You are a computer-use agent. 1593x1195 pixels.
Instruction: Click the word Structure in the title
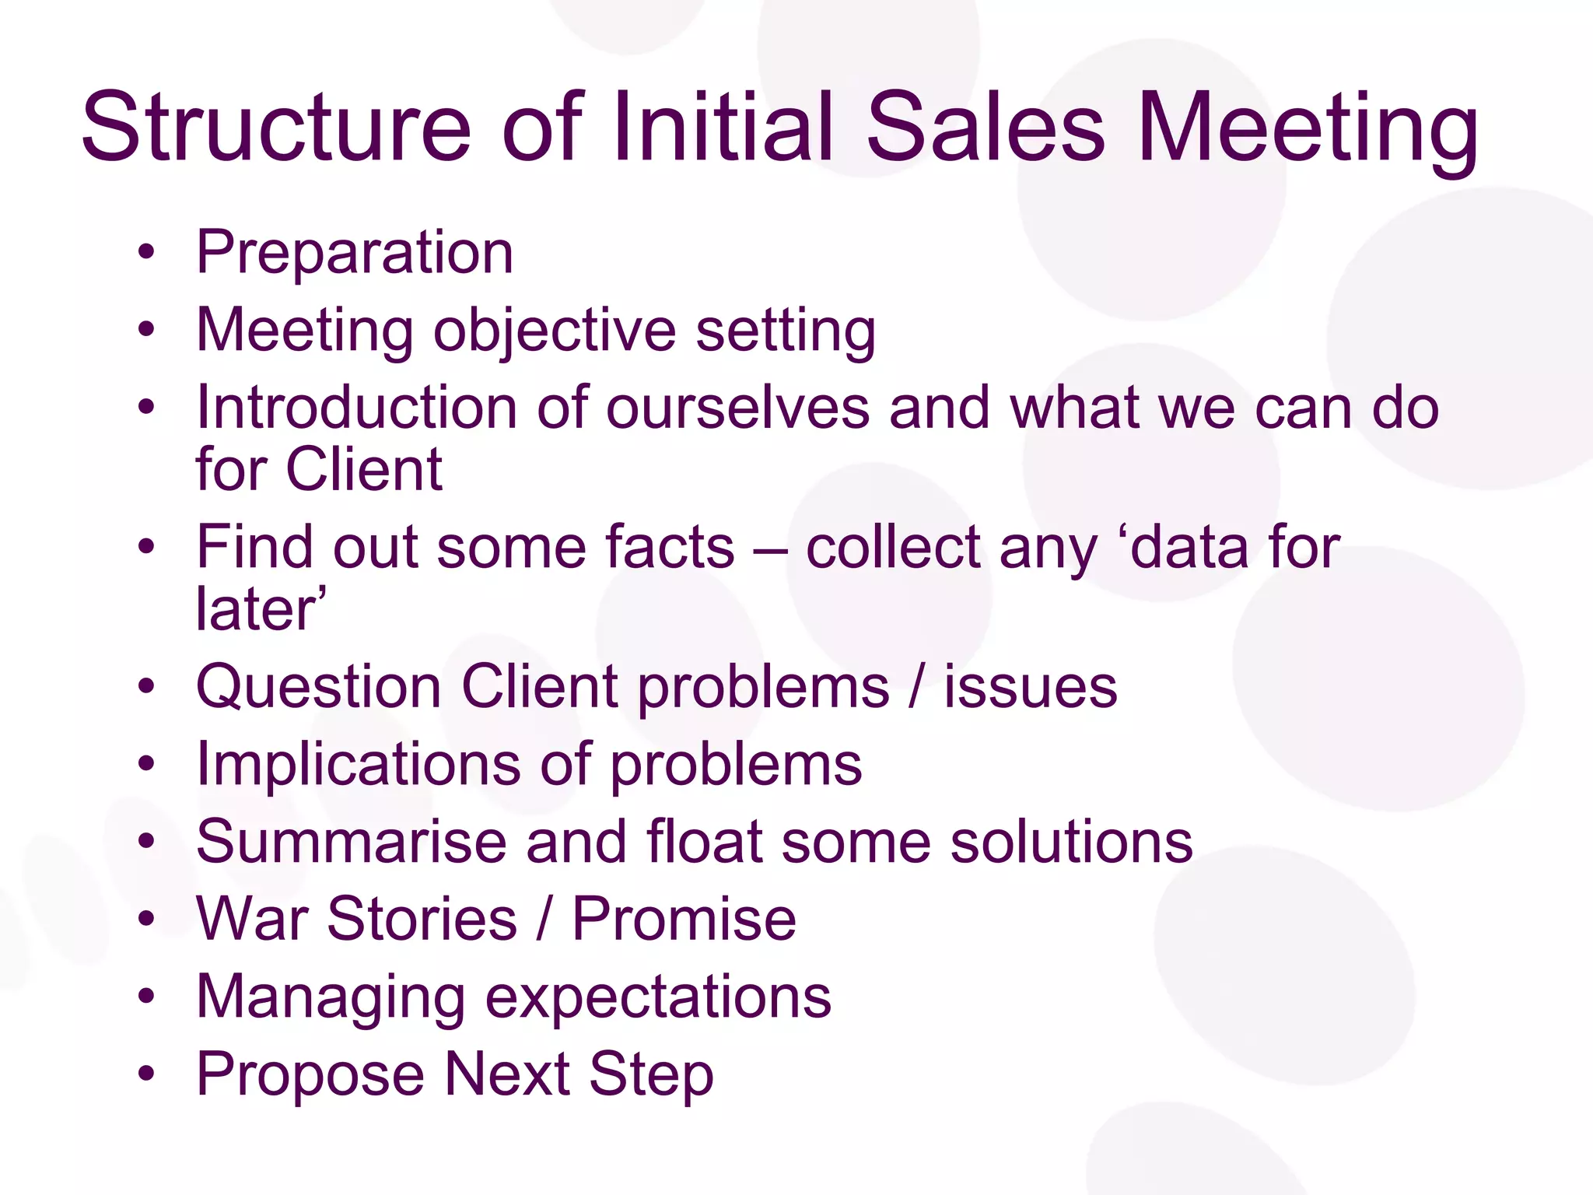(x=276, y=127)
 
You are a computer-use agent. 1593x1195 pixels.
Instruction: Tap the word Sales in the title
(x=984, y=127)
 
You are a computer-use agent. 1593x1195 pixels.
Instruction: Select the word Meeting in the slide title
(x=1307, y=127)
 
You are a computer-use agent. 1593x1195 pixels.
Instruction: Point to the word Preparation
(x=355, y=253)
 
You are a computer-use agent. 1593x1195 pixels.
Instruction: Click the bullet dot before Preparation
(x=146, y=252)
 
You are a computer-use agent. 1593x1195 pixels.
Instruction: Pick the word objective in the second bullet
(x=554, y=331)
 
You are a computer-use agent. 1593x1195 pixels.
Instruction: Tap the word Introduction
(x=356, y=408)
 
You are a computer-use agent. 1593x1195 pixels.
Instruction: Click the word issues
(x=1031, y=687)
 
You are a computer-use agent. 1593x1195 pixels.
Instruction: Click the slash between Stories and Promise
(x=544, y=920)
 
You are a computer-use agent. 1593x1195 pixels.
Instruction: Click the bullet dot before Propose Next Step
(x=146, y=1074)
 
